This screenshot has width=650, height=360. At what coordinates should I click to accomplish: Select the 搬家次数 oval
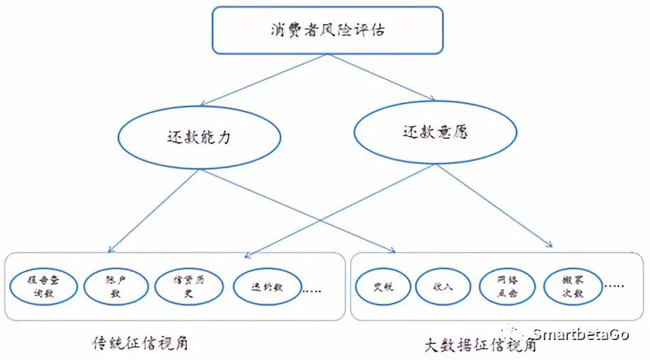[x=572, y=286]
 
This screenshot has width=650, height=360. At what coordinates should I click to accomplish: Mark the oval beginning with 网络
[x=507, y=286]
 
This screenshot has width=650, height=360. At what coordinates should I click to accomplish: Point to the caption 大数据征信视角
[x=480, y=345]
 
